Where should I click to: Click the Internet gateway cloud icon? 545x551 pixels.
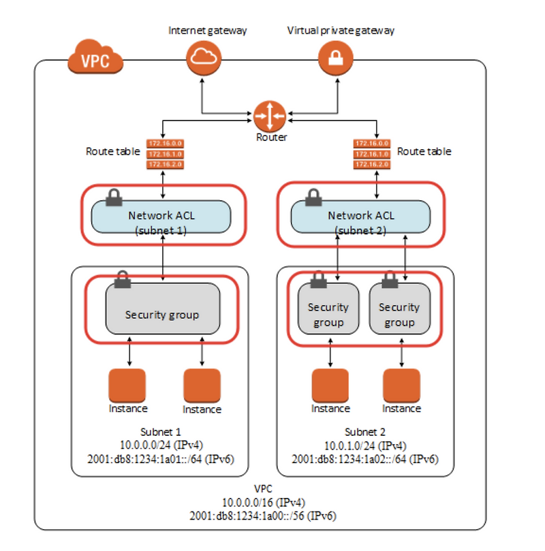click(202, 59)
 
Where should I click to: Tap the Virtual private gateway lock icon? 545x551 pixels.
click(336, 59)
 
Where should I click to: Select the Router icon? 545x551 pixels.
click(270, 116)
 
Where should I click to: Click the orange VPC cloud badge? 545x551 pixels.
click(95, 61)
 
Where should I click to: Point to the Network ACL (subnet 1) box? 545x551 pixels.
click(161, 216)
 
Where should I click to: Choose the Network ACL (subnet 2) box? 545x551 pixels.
click(360, 216)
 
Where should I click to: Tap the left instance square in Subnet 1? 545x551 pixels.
click(127, 386)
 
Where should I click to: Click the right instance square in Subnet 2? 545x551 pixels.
click(401, 386)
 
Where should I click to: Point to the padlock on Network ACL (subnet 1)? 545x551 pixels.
click(114, 198)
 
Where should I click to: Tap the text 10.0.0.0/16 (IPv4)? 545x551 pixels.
click(263, 502)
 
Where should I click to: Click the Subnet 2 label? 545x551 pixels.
click(366, 432)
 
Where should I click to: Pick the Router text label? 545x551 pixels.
click(271, 137)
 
